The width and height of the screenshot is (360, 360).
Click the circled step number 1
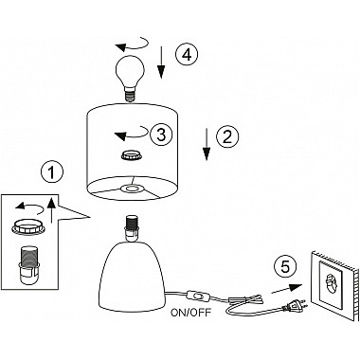[x=52, y=172]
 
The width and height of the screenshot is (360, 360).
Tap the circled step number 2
[x=227, y=136]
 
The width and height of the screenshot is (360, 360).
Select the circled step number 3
[x=161, y=135]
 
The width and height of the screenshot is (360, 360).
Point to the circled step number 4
[x=187, y=54]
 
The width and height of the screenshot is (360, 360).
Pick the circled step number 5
[x=285, y=267]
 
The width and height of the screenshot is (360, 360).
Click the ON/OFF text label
[x=190, y=313]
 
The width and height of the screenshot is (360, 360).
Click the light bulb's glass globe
[x=130, y=71]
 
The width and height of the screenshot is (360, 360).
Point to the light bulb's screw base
[x=129, y=95]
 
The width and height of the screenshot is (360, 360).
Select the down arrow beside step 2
[x=207, y=144]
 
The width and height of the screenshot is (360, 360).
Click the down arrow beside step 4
[x=161, y=63]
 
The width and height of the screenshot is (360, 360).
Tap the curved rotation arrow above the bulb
[x=132, y=45]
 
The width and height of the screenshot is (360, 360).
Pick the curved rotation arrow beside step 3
[x=132, y=133]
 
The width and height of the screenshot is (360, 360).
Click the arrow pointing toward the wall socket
[x=286, y=288]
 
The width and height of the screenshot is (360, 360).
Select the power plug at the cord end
[x=295, y=305]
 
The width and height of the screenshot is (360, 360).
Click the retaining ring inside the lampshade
[x=131, y=154]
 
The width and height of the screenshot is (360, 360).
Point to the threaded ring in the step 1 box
[x=27, y=226]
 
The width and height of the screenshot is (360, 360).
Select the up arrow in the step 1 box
[x=52, y=211]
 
